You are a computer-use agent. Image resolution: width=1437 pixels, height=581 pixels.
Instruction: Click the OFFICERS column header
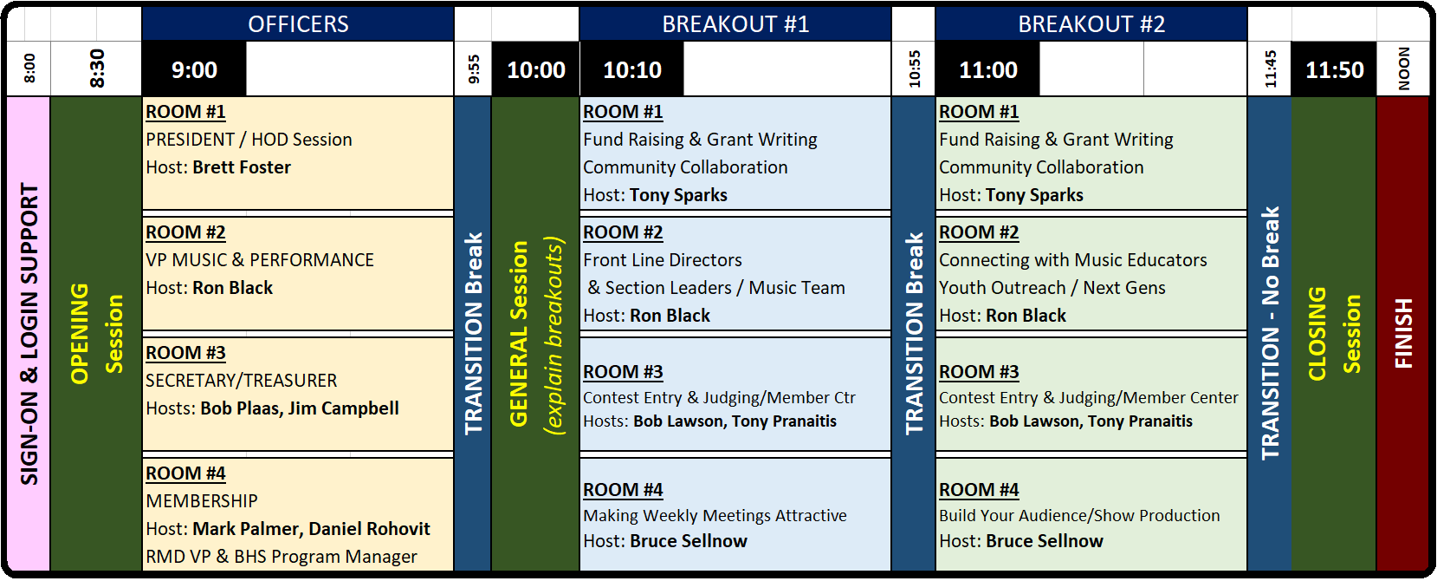click(x=298, y=24)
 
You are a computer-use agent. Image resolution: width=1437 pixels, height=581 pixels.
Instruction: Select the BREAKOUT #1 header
click(x=735, y=24)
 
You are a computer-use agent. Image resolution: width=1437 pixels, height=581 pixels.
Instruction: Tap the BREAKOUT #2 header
click(x=1091, y=24)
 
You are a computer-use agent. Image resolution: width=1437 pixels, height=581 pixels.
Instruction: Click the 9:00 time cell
click(x=194, y=69)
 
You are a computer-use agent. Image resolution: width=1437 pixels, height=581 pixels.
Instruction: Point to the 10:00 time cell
click(x=535, y=69)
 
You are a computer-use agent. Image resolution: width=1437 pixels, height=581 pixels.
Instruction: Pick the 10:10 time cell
click(x=632, y=69)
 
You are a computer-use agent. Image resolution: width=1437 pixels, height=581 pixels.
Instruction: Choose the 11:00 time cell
click(x=988, y=69)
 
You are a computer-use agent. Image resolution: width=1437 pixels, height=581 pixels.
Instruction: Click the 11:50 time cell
click(x=1334, y=69)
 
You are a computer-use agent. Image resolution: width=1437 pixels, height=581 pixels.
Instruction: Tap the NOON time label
click(x=1403, y=69)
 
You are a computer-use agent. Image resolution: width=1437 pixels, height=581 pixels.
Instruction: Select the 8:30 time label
click(x=96, y=69)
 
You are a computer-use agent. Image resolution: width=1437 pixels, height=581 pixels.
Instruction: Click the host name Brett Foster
click(x=242, y=167)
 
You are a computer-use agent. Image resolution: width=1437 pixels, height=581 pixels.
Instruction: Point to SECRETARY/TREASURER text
click(x=241, y=381)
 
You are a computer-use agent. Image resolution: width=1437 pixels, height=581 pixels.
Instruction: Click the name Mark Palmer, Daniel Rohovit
click(x=311, y=529)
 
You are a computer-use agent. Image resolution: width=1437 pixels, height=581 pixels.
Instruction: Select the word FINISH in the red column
click(x=1403, y=333)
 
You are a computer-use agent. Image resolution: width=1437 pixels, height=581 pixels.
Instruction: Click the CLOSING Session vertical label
click(x=1334, y=334)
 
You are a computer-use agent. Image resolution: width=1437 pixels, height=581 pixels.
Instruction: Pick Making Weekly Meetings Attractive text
click(x=715, y=515)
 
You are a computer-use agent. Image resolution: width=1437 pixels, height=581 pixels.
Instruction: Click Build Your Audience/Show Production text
click(x=1079, y=515)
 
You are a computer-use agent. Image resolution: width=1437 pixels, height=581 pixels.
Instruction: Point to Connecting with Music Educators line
click(x=1073, y=260)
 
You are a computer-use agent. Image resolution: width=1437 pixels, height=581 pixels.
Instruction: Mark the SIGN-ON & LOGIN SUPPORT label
click(x=29, y=334)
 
